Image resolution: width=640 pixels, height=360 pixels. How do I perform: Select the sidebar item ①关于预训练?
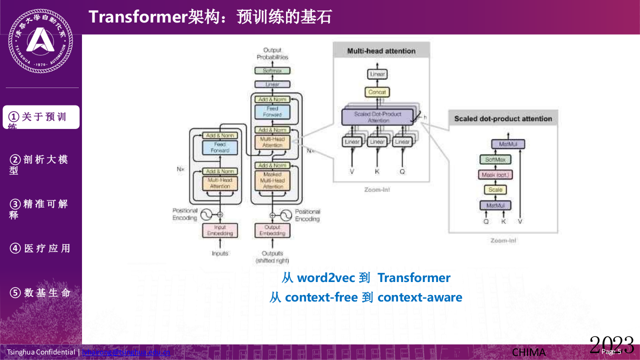click(41, 117)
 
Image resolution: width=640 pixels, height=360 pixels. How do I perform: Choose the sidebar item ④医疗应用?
click(40, 248)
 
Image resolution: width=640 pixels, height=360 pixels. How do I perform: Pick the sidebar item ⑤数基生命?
click(40, 293)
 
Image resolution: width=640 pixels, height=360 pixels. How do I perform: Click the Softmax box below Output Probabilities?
click(272, 71)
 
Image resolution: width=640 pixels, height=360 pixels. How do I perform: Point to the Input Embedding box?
click(220, 230)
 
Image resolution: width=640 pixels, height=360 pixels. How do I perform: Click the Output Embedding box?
click(272, 230)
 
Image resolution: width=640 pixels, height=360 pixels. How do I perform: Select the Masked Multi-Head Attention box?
click(272, 180)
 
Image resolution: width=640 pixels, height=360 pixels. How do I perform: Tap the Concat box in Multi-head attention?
click(377, 92)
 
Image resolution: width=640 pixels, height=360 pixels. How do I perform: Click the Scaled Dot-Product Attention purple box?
click(378, 117)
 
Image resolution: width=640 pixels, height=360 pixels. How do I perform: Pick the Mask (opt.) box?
click(496, 175)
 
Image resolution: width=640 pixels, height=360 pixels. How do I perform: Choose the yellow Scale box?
click(495, 190)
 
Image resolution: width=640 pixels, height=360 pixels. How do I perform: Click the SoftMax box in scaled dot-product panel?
click(495, 160)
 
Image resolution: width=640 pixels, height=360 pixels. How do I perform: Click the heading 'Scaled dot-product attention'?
click(502, 118)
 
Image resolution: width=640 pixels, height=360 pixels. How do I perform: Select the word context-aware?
click(419, 297)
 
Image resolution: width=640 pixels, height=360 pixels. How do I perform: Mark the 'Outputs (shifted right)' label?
click(272, 257)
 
